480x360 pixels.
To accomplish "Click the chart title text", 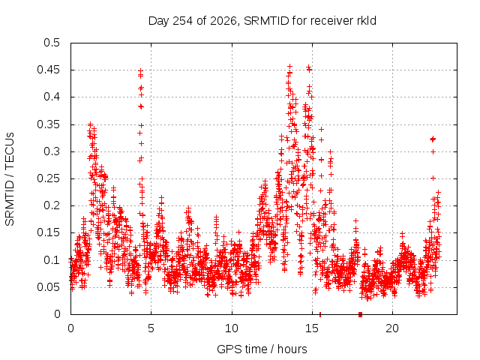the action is [262, 21].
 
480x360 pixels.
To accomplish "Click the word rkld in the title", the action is [367, 21].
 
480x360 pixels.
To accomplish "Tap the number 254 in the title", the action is [182, 21].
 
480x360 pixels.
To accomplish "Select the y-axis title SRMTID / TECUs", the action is [10, 179].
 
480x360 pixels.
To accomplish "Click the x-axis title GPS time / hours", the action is [262, 349].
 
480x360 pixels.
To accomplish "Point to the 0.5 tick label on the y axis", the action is [52, 43].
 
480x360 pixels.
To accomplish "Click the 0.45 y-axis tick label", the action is [48, 70].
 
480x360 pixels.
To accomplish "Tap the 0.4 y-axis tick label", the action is [52, 97].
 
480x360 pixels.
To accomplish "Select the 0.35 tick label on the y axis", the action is [48, 124].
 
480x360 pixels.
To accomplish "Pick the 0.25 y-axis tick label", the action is [48, 178].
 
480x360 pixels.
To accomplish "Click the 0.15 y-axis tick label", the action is [48, 232].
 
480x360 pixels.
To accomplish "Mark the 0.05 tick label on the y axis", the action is [48, 287].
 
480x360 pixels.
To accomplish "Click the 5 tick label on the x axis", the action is [151, 328].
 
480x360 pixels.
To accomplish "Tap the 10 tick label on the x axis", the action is [232, 328].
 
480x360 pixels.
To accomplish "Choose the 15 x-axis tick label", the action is [312, 328].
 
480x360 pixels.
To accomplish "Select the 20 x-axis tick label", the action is [392, 328].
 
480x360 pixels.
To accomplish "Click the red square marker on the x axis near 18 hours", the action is [360, 314].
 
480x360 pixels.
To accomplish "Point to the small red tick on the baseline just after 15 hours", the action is [320, 314].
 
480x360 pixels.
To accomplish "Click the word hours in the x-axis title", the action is [292, 349].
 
